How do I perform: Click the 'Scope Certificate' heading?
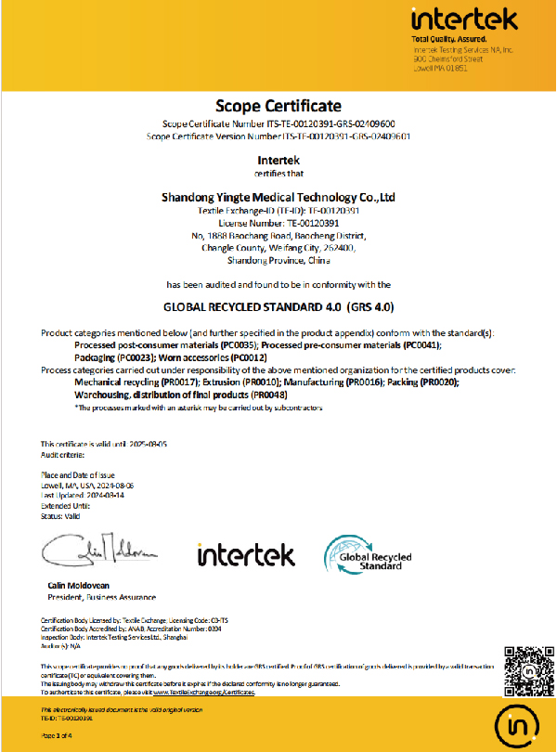tap(278, 104)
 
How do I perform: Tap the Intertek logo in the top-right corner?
tap(459, 19)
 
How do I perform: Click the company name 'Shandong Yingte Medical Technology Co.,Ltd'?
tap(278, 197)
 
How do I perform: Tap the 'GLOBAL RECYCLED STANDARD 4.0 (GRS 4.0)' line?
tap(278, 305)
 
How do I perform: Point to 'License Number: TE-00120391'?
tap(278, 224)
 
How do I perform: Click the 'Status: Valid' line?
tap(60, 515)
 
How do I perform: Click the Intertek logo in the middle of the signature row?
tap(246, 555)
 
